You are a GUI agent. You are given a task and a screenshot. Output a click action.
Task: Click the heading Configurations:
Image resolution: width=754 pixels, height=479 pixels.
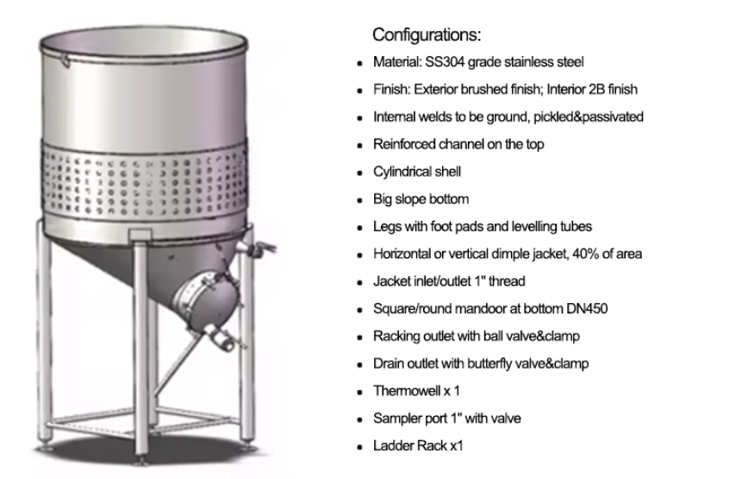[x=426, y=35]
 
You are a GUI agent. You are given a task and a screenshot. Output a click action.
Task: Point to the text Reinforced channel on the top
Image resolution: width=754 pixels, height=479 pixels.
[x=458, y=144]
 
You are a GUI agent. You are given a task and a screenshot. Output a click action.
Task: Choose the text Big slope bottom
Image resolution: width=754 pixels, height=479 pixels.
[x=421, y=199]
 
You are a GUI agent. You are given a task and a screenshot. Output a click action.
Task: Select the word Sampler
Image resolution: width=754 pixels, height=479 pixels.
[x=396, y=419]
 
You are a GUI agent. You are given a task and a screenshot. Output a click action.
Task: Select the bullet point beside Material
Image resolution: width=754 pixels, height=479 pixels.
[x=359, y=64]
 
